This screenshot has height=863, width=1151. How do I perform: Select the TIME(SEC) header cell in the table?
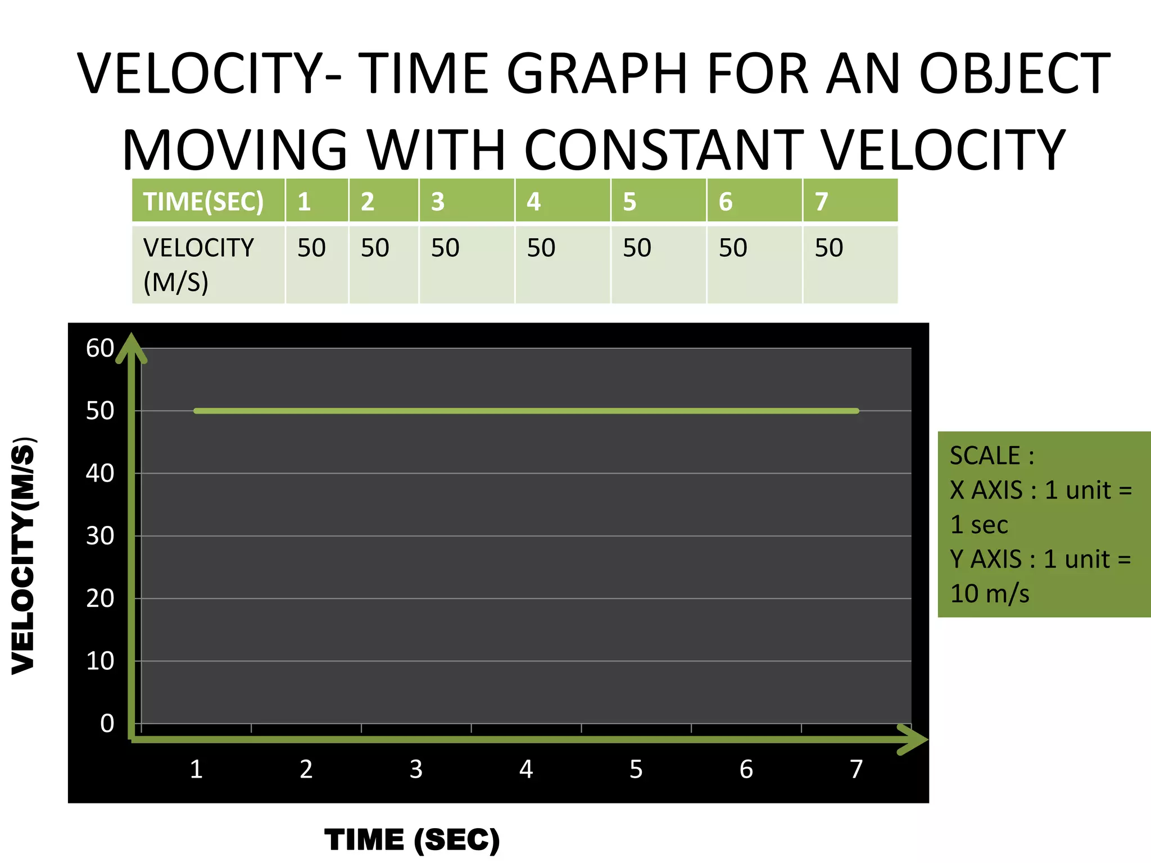click(x=203, y=202)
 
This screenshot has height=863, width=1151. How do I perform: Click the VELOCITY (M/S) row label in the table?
click(x=198, y=265)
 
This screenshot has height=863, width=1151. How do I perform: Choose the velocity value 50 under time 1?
click(x=311, y=248)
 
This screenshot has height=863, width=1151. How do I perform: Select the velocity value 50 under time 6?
click(x=733, y=248)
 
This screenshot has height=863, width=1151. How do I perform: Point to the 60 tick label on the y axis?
click(x=100, y=348)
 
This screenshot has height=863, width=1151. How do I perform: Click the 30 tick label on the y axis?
click(x=100, y=536)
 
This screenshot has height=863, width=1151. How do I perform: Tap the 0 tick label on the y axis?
click(x=107, y=724)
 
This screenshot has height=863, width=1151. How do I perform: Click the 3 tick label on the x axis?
click(x=416, y=769)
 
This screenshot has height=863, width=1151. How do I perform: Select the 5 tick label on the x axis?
click(x=636, y=769)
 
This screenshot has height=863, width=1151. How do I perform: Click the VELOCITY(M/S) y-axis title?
click(x=24, y=555)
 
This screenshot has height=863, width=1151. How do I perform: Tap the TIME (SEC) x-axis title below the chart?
click(x=412, y=840)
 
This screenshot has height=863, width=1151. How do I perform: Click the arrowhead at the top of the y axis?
click(x=132, y=345)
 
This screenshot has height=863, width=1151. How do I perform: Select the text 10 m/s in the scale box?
click(x=990, y=594)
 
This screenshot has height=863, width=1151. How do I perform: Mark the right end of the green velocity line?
click(x=856, y=411)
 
